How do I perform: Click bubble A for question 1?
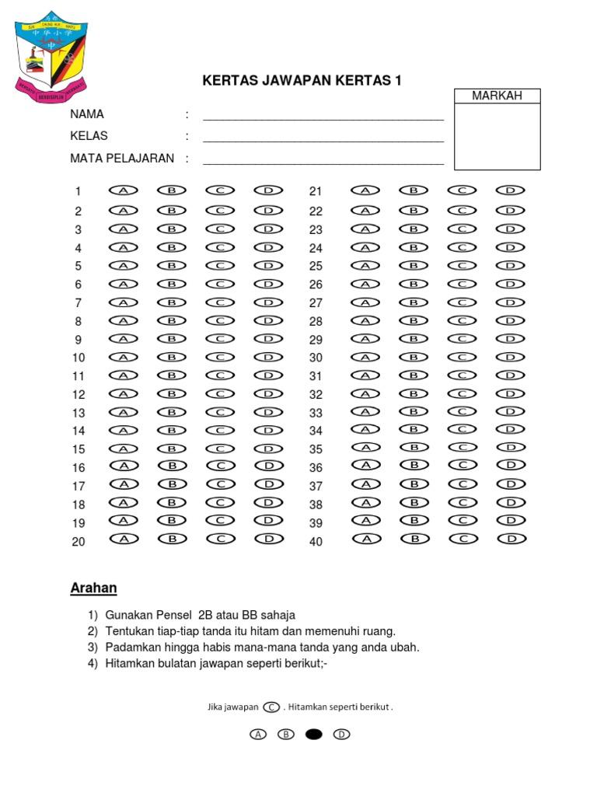(123, 190)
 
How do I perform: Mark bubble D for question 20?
(268, 538)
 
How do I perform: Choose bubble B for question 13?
(172, 412)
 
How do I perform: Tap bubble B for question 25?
(414, 265)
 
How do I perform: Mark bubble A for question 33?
(365, 411)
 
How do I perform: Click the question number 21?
(316, 191)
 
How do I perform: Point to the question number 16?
(79, 468)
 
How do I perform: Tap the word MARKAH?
(497, 96)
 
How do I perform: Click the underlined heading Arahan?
(93, 588)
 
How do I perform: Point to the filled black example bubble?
(313, 734)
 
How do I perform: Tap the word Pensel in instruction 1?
(175, 615)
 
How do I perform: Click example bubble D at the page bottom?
(341, 734)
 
